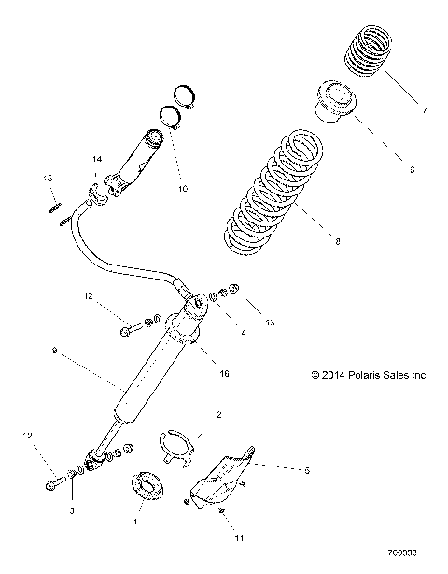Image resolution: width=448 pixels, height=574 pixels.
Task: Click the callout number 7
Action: coord(424,111)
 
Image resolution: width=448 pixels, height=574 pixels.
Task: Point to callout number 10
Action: coord(182,189)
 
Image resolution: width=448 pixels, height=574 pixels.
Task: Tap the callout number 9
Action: coord(55,351)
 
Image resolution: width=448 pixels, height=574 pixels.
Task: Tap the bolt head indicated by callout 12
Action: coord(126,328)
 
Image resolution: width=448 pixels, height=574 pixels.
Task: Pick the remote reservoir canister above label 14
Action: coord(140,154)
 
